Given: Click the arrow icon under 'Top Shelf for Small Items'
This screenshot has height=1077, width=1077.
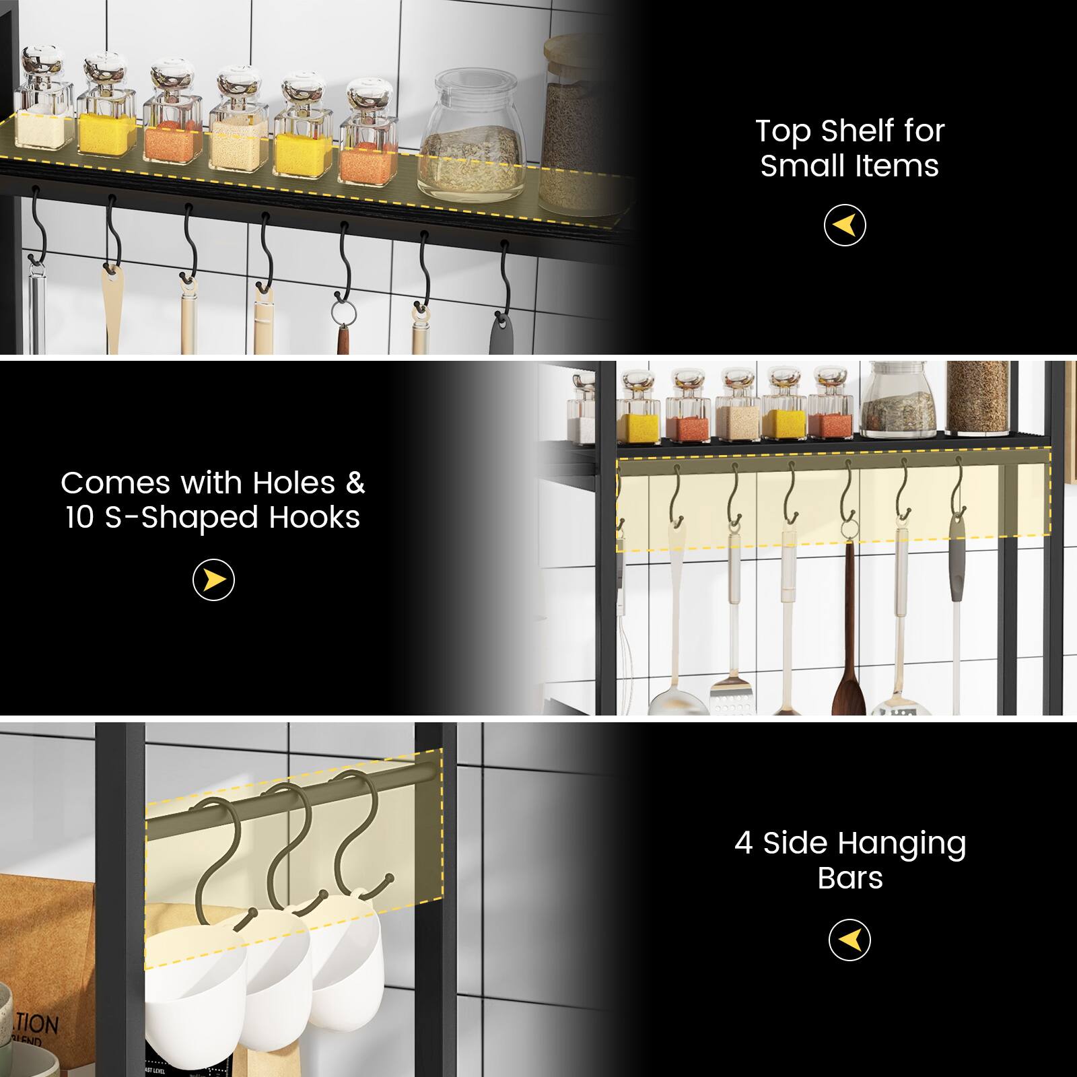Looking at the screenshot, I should coord(845,225).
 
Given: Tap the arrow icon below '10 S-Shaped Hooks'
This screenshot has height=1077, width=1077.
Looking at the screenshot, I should coord(213,580).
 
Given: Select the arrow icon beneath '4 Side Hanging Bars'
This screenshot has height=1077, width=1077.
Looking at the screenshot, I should coord(849,940).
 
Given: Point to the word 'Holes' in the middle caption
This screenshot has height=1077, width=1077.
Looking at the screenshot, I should coord(293,483).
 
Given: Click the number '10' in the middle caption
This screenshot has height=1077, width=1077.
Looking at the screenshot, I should coord(81,518).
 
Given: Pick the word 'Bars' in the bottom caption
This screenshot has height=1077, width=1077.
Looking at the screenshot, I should coord(849,878).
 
